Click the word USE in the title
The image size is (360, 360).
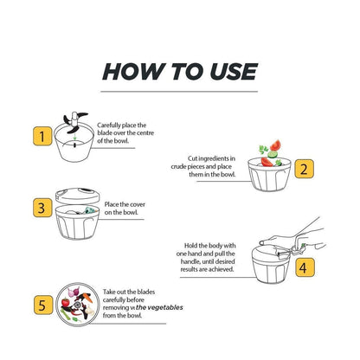[228, 72]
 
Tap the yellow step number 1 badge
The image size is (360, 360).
[38, 136]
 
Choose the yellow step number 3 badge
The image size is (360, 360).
[38, 208]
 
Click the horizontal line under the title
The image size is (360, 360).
[180, 90]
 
